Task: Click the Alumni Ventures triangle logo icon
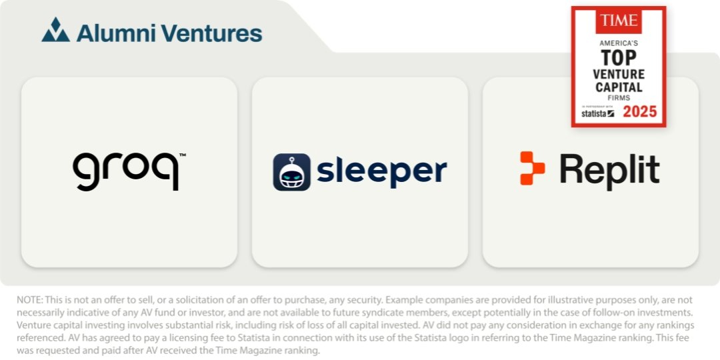pyautogui.click(x=55, y=30)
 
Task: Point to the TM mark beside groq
pyautogui.click(x=182, y=155)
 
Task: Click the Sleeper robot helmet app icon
pyautogui.click(x=291, y=172)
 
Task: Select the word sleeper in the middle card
pyautogui.click(x=381, y=171)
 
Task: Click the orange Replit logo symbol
pyautogui.click(x=532, y=168)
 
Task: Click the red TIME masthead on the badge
pyautogui.click(x=619, y=21)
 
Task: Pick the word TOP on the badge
pyautogui.click(x=619, y=58)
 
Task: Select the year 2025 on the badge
pyautogui.click(x=639, y=111)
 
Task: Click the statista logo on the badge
pyautogui.click(x=597, y=113)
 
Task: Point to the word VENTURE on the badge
pyautogui.click(x=619, y=74)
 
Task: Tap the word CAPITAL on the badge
pyautogui.click(x=619, y=87)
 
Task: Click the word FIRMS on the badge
pyautogui.click(x=619, y=98)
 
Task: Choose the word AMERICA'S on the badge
pyautogui.click(x=619, y=43)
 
